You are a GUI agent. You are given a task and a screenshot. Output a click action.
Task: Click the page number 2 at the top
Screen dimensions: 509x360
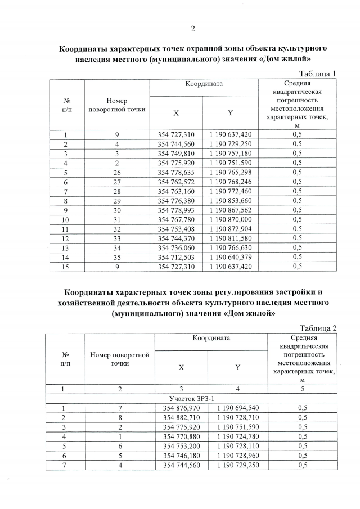coord(192,29)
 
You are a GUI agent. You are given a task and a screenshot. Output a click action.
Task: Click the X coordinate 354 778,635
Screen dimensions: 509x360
coord(176,172)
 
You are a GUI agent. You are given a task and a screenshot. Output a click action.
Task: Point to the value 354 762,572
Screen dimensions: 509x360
coord(176,181)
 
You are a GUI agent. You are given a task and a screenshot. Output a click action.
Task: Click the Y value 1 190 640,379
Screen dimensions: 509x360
coord(230,258)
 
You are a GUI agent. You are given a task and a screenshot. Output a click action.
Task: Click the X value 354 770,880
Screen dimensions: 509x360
coord(181,436)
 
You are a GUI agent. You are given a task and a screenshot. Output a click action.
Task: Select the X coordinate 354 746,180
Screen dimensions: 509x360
coord(181,456)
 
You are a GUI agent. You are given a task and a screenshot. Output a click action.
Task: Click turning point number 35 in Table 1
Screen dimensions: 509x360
coord(116,258)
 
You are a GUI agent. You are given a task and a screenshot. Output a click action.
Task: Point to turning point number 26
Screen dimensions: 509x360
coord(116,172)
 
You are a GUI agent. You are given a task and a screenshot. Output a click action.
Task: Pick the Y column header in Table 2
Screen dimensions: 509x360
coord(237,367)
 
